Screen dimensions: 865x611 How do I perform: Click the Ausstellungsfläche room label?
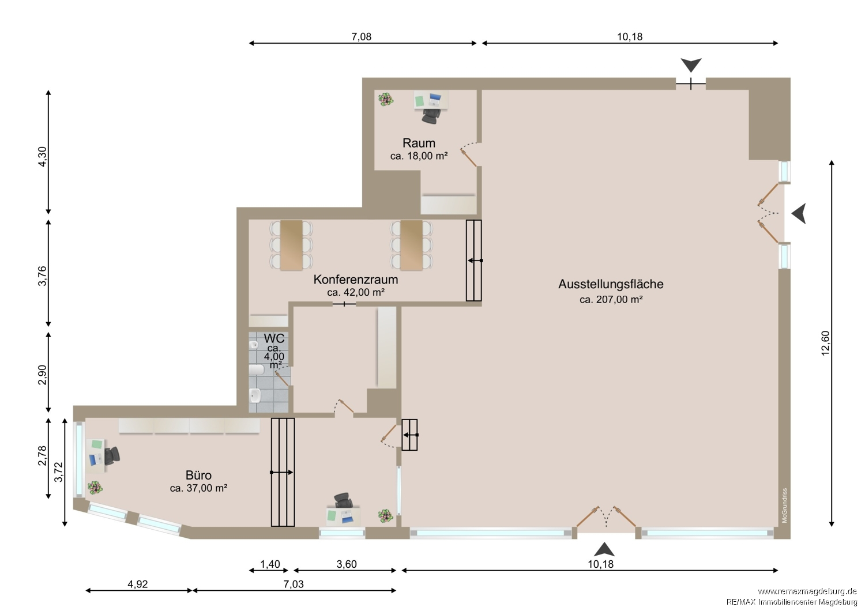point(611,284)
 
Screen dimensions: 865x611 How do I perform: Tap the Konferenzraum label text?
point(355,280)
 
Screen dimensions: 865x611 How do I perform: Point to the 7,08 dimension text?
point(361,37)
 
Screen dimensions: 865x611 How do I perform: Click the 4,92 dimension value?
point(137,584)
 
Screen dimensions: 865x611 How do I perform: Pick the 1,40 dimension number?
point(270,564)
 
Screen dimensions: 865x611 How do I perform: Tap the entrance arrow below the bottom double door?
point(604,549)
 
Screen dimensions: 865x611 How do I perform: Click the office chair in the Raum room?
point(431,116)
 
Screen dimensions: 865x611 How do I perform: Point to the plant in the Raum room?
point(385,100)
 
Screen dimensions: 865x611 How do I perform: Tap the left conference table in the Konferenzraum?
point(291,245)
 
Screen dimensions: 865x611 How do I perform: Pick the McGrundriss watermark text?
point(784,506)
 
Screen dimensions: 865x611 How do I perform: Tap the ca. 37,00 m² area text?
point(198,488)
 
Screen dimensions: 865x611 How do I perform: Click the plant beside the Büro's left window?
point(95,488)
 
